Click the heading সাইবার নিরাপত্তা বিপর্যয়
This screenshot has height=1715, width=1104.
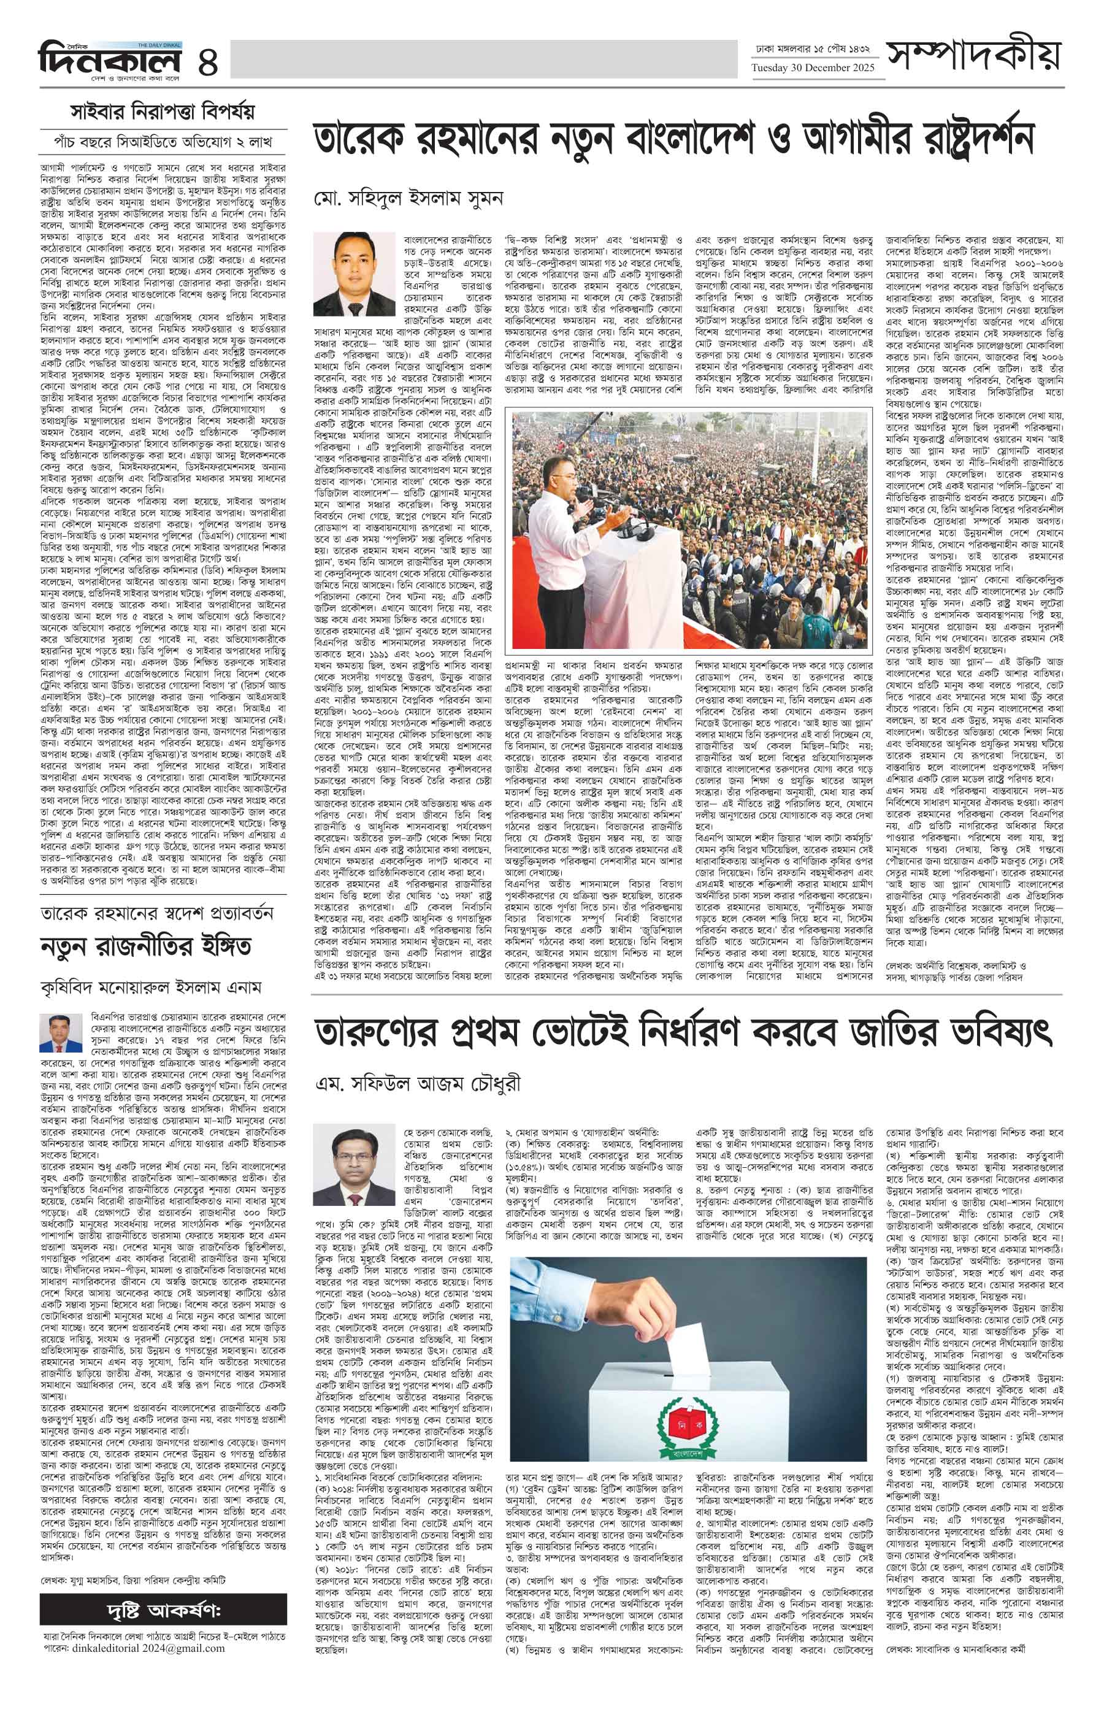coord(162,113)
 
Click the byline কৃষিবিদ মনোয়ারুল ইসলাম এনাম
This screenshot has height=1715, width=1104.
coord(151,988)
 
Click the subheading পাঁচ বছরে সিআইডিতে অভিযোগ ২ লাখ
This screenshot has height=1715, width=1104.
coord(163,141)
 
